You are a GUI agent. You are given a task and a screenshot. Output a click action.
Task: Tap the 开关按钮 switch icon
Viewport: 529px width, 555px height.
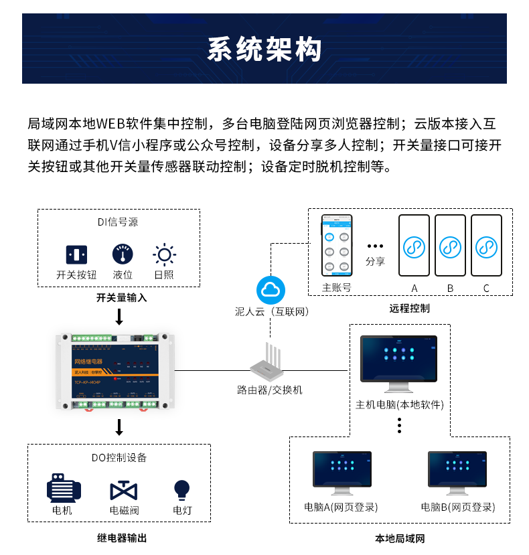76,254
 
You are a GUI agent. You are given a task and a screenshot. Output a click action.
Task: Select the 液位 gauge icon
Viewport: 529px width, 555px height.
123,254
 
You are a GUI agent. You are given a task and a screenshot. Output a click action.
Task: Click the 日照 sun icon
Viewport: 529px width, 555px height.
164,254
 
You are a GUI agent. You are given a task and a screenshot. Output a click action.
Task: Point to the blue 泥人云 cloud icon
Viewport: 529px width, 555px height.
271,290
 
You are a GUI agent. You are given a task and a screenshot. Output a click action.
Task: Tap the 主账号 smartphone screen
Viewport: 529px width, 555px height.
336,246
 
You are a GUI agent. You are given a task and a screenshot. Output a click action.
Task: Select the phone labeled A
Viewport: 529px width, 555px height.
414,246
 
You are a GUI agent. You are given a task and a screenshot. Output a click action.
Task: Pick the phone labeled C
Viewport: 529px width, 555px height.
486,246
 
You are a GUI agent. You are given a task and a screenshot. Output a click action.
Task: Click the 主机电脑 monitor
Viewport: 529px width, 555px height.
398,360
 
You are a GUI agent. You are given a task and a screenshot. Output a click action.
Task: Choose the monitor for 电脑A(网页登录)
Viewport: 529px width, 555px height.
342,471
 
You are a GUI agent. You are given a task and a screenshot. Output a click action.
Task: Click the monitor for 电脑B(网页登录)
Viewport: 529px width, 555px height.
457,471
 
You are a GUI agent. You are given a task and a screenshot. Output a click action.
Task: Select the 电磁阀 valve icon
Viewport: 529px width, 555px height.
124,489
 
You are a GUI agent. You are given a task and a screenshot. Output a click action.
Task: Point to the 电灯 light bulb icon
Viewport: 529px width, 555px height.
181,489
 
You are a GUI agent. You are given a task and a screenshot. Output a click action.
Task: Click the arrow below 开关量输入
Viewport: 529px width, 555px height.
119,317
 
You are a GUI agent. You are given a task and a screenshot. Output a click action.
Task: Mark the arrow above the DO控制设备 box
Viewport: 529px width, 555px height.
119,427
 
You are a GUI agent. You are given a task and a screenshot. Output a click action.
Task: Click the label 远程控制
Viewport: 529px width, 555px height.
409,309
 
